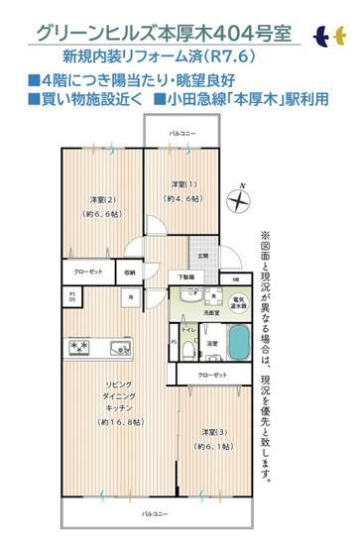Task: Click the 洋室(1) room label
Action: (x=180, y=184)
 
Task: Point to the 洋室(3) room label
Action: (x=209, y=433)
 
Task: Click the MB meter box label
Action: (x=235, y=277)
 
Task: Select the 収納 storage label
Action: (x=130, y=272)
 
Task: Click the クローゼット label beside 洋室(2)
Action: (x=87, y=272)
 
